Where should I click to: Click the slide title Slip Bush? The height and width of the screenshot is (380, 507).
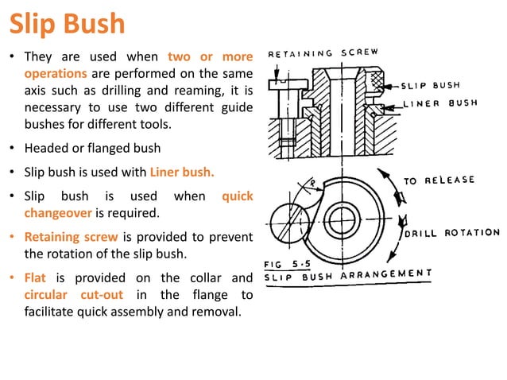coord(67,23)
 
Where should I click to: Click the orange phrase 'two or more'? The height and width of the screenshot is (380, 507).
coord(211,57)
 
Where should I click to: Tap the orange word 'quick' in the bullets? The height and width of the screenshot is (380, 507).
coord(238,196)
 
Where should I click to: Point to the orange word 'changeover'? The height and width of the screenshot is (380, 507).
coord(58,213)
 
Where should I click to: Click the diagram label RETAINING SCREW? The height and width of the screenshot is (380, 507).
coord(323,54)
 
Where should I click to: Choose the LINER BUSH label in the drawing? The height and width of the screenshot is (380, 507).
coord(438,103)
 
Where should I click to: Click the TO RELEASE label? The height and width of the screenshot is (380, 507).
coord(439,180)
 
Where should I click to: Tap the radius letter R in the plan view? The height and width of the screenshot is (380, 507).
coord(313,184)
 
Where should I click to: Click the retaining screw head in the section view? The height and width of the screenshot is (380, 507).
coord(277,83)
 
